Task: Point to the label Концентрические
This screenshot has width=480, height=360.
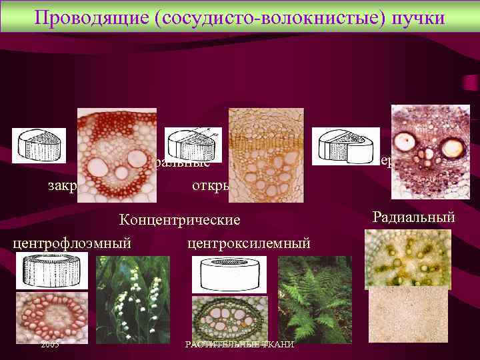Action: pyautogui.click(x=179, y=220)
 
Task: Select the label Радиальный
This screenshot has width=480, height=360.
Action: pyautogui.click(x=414, y=216)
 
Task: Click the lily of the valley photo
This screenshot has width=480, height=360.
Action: pyautogui.click(x=133, y=299)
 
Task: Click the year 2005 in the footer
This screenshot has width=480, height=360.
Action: pyautogui.click(x=49, y=344)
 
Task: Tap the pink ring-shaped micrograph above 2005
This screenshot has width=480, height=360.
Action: pyautogui.click(x=51, y=317)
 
